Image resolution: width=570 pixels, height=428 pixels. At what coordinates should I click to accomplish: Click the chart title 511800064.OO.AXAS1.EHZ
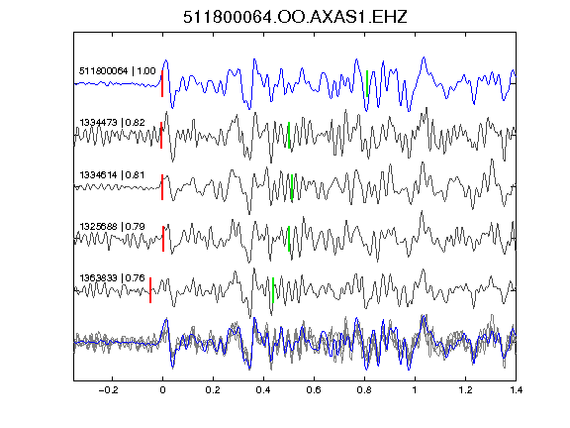tap(295, 17)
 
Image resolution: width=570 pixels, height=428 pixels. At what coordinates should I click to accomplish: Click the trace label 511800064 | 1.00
tap(118, 70)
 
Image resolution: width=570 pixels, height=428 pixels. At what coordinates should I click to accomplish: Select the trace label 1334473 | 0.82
tap(113, 122)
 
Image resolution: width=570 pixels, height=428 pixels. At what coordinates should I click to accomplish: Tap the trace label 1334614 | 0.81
tap(112, 175)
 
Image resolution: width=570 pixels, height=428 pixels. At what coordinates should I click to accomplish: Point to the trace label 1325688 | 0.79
tap(113, 226)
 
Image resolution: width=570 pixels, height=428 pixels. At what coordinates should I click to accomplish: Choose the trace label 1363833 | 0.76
tap(113, 278)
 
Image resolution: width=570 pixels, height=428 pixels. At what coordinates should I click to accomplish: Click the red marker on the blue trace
tap(162, 83)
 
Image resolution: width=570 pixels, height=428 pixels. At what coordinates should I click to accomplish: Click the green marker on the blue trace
tap(367, 83)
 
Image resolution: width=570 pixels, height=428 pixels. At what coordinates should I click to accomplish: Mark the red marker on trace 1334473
tap(161, 136)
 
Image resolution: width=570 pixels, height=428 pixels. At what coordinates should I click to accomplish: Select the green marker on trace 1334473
tap(289, 136)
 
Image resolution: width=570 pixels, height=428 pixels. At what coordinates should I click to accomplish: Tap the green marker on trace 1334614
tap(292, 187)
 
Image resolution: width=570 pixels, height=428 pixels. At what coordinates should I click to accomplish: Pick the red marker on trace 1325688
tap(163, 239)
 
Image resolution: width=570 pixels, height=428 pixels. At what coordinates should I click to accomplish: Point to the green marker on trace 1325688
tap(289, 239)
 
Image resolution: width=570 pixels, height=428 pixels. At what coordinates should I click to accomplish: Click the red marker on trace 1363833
tap(150, 290)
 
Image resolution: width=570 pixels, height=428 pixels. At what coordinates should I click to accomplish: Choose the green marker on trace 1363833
tap(273, 290)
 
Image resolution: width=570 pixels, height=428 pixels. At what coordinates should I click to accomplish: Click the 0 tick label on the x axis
tap(162, 390)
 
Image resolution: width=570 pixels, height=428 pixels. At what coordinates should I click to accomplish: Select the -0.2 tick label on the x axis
tap(108, 390)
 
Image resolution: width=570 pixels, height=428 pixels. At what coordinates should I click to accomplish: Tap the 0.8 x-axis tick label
tap(364, 390)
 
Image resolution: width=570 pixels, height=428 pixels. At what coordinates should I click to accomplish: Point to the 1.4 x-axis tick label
tap(516, 390)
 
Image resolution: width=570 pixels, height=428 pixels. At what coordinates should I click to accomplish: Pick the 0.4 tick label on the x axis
tap(263, 390)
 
